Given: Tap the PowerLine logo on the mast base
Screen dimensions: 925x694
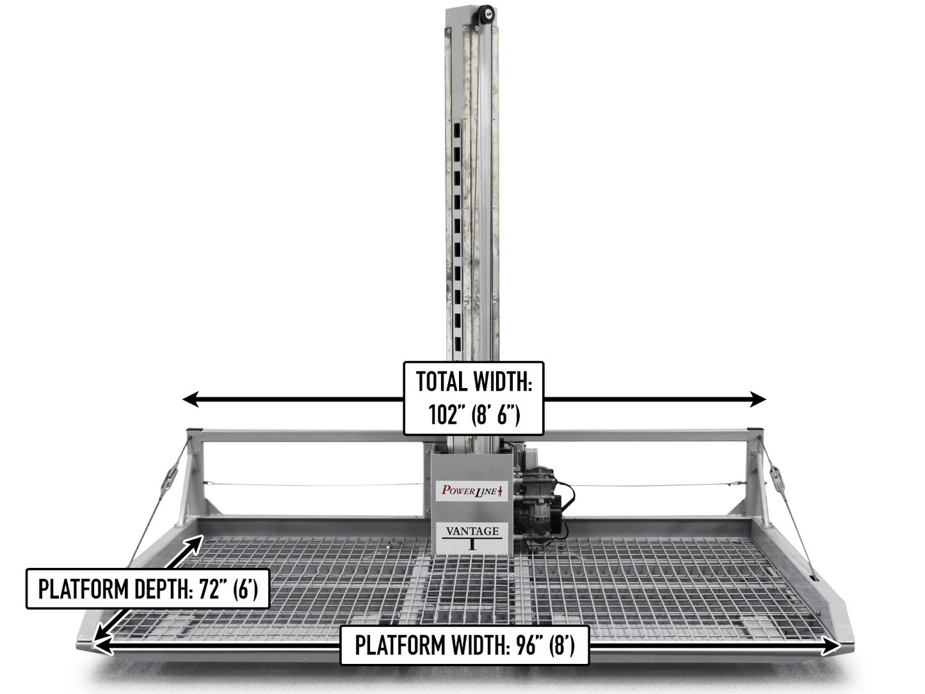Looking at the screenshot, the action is point(472,490).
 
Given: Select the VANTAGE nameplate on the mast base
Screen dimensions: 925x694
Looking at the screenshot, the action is point(472,538).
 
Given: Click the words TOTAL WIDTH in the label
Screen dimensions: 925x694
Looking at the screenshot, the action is point(474,382).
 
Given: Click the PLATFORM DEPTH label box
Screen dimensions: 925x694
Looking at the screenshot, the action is point(148,589).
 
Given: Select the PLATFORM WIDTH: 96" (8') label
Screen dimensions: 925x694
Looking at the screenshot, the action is point(464,645).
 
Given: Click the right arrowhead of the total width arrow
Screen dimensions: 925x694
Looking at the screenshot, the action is point(758,399).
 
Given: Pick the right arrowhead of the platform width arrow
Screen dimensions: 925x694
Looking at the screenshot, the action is point(831,646).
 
